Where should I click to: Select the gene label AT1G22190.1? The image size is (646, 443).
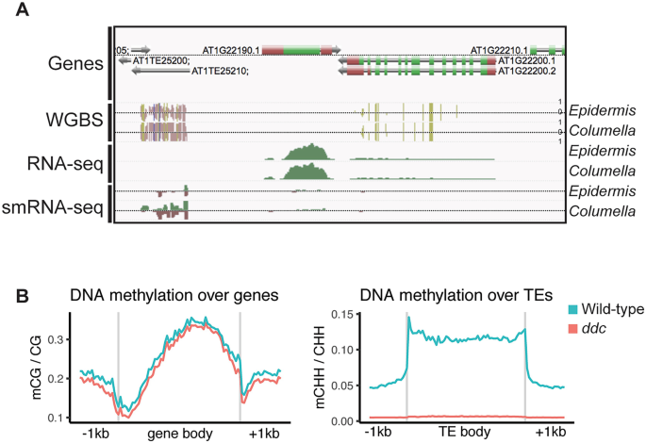tap(231, 49)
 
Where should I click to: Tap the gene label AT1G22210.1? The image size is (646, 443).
tap(499, 49)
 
